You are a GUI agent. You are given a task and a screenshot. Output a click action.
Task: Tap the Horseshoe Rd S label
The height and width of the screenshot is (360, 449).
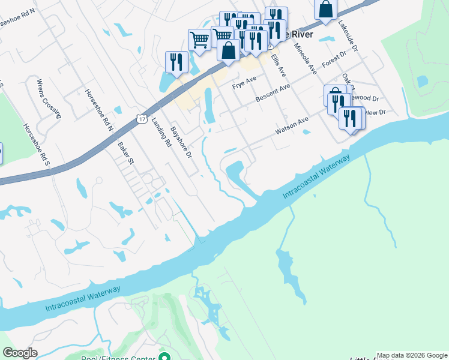[34, 145]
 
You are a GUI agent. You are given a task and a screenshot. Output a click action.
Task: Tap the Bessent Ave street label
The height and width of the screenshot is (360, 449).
[273, 92]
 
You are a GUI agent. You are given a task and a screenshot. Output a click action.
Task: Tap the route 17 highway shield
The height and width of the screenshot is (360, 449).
[140, 119]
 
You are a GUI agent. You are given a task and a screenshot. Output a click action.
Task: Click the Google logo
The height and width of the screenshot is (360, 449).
[20, 353]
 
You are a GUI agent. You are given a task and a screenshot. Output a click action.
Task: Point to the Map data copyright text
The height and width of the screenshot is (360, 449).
[412, 355]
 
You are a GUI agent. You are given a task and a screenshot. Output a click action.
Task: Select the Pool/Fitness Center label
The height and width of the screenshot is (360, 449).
[119, 358]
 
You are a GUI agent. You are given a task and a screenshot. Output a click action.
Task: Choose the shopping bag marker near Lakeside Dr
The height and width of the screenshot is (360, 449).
[325, 10]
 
